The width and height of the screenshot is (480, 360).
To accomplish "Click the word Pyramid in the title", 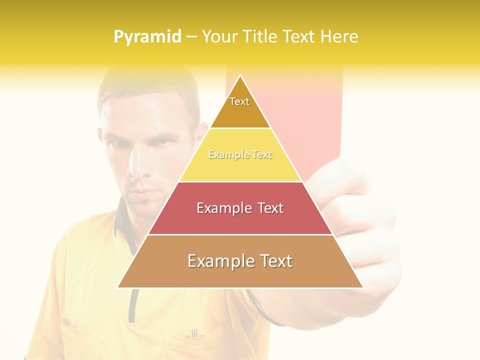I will [147, 37].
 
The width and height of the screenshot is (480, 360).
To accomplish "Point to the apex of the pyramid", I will [240, 76].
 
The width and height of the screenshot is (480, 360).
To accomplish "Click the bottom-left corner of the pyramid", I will [118, 287].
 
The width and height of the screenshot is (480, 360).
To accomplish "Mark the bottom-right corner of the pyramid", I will [363, 287].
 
